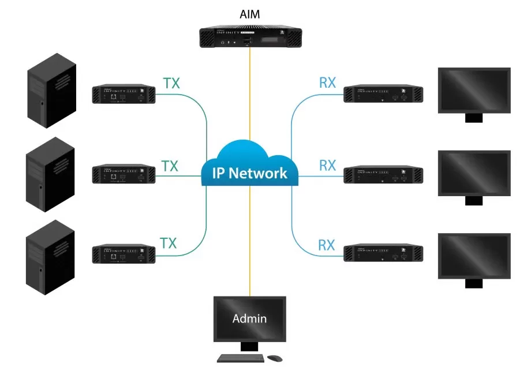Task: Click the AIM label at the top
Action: click(250, 13)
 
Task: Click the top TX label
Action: click(171, 83)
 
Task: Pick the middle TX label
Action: click(169, 166)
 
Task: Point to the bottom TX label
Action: click(168, 243)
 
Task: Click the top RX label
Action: click(327, 83)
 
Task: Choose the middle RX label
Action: click(327, 166)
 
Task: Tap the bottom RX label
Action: click(327, 245)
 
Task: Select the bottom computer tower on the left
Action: click(51, 257)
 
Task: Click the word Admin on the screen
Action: click(249, 318)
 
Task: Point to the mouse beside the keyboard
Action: click(276, 358)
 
